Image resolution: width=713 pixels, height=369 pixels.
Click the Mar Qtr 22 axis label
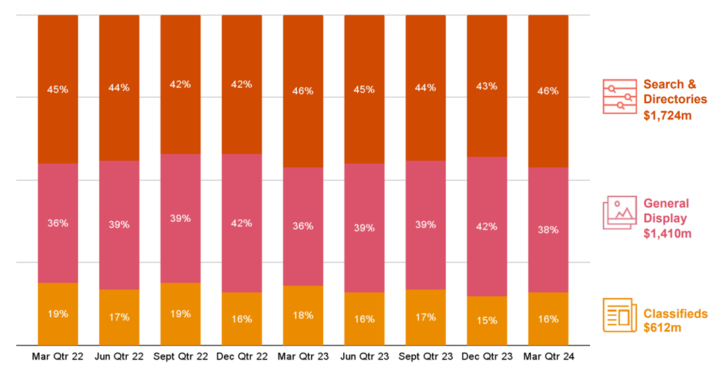pyautogui.click(x=57, y=356)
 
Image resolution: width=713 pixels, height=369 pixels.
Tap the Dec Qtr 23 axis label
pyautogui.click(x=486, y=356)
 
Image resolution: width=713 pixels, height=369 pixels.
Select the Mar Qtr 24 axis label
pyautogui.click(x=548, y=356)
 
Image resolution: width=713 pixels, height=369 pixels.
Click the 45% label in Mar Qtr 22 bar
pyautogui.click(x=57, y=89)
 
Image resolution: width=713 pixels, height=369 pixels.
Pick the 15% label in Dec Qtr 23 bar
pyautogui.click(x=486, y=320)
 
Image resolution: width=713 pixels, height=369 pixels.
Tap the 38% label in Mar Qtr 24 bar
pyautogui.click(x=548, y=229)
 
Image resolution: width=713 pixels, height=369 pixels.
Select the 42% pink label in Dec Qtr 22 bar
pyautogui.click(x=241, y=223)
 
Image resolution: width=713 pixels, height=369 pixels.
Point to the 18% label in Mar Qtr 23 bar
pyautogui.click(x=303, y=315)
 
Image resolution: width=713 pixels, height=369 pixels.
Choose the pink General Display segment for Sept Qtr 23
pyautogui.click(x=425, y=202)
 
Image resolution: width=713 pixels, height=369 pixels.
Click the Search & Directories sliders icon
pyautogui.click(x=619, y=96)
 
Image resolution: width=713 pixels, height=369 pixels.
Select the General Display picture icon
pyautogui.click(x=619, y=212)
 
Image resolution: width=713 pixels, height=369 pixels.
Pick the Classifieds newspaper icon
pyautogui.click(x=619, y=315)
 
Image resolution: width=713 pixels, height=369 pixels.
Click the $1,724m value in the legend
pyautogui.click(x=668, y=115)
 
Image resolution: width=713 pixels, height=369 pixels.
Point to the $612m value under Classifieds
pyautogui.click(x=662, y=328)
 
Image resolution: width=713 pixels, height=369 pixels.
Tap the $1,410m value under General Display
pyautogui.click(x=668, y=233)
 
